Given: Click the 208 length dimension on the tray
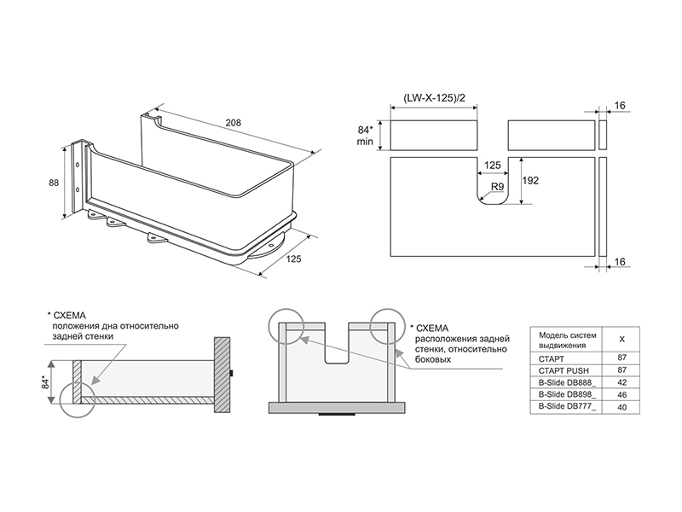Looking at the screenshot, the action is (233, 123).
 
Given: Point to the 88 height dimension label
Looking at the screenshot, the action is (54, 183).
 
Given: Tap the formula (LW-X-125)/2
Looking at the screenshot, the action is (434, 97).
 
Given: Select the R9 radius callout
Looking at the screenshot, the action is (498, 187).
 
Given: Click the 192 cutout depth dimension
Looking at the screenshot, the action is (530, 180).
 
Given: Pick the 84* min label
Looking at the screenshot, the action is (365, 136).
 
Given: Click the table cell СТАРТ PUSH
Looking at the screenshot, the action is (564, 371).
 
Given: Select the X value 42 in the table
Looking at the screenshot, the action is (622, 382).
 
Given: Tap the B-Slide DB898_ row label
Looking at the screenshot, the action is (567, 395).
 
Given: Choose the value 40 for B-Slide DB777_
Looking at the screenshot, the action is (622, 408).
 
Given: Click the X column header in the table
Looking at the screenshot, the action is (622, 340).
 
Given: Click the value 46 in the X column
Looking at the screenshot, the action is (622, 395).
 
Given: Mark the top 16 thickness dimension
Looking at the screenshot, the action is (620, 105).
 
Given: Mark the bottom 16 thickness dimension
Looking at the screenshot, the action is (620, 262).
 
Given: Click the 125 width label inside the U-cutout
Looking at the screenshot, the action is (493, 166).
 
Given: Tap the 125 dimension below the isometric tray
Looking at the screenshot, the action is (293, 259).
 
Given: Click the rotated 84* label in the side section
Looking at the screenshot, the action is (44, 381).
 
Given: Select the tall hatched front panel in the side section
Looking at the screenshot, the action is (223, 375).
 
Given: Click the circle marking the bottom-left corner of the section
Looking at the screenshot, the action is (78, 400).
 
